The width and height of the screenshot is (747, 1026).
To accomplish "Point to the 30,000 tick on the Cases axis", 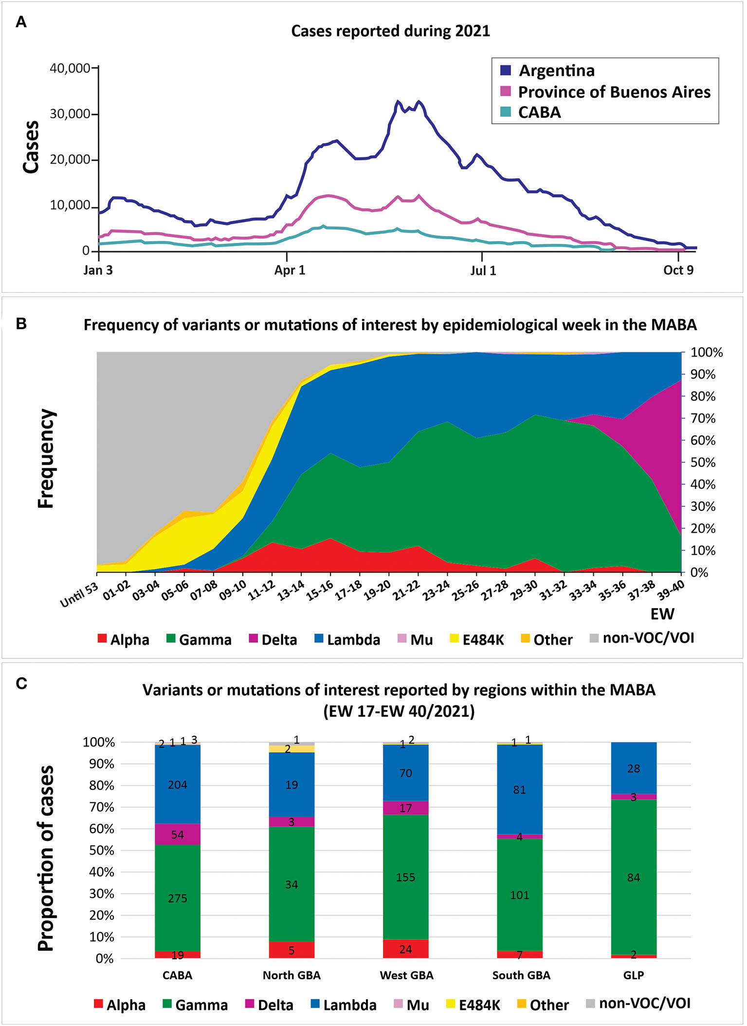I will coord(70,114).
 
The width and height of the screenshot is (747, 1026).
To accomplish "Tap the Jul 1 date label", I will coord(483,271).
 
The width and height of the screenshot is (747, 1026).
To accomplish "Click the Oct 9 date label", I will coord(678,270).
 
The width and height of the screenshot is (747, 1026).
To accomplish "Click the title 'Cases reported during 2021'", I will coord(390,31).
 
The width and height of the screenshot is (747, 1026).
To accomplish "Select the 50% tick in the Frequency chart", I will coord(703,463).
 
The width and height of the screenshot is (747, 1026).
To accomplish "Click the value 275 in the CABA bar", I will coord(178,898).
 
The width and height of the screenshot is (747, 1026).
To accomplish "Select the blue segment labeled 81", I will coord(519,790).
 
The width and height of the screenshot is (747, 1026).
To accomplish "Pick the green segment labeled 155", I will coord(405,877).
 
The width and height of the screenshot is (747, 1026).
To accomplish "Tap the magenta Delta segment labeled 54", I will coord(178,835).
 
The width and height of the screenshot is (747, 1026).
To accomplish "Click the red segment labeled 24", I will coord(405,949).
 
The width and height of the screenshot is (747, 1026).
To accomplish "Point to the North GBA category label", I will coord(292,975).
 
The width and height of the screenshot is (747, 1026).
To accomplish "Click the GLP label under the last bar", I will coord(633,975).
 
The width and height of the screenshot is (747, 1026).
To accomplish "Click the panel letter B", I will coord(21,324).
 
